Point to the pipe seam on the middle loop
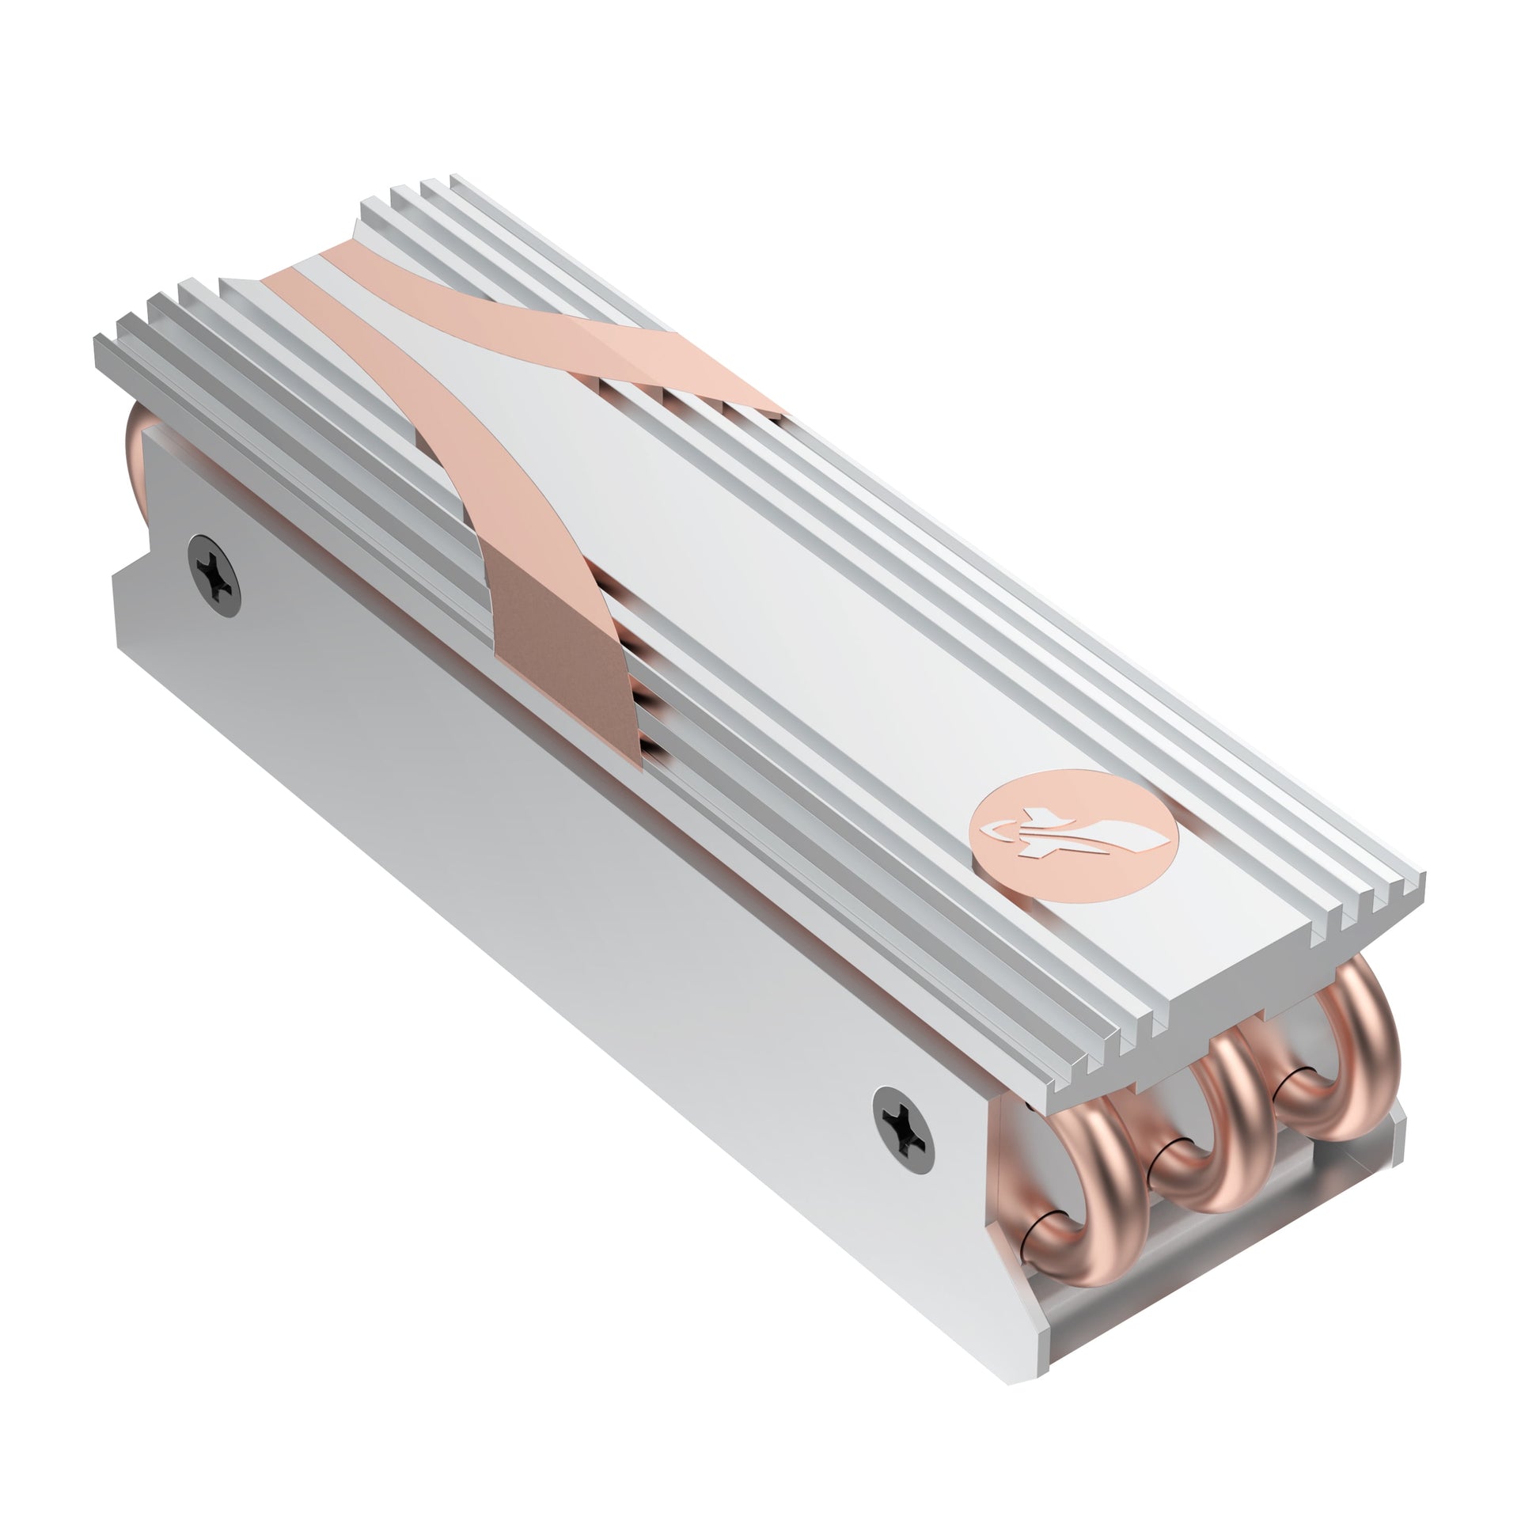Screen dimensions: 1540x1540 pos(1172,1172)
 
